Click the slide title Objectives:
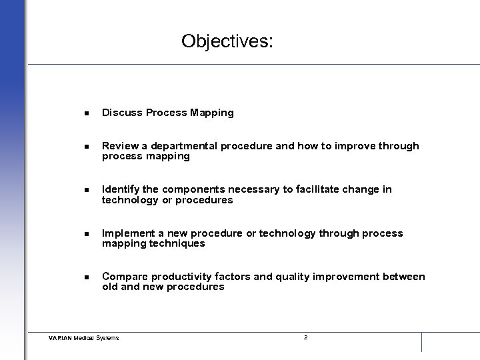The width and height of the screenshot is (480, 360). pos(227,41)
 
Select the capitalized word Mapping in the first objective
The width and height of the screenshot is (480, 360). pos(211,113)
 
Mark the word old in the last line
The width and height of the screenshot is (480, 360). pos(110,287)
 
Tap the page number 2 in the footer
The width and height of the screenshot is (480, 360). pos(305,337)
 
